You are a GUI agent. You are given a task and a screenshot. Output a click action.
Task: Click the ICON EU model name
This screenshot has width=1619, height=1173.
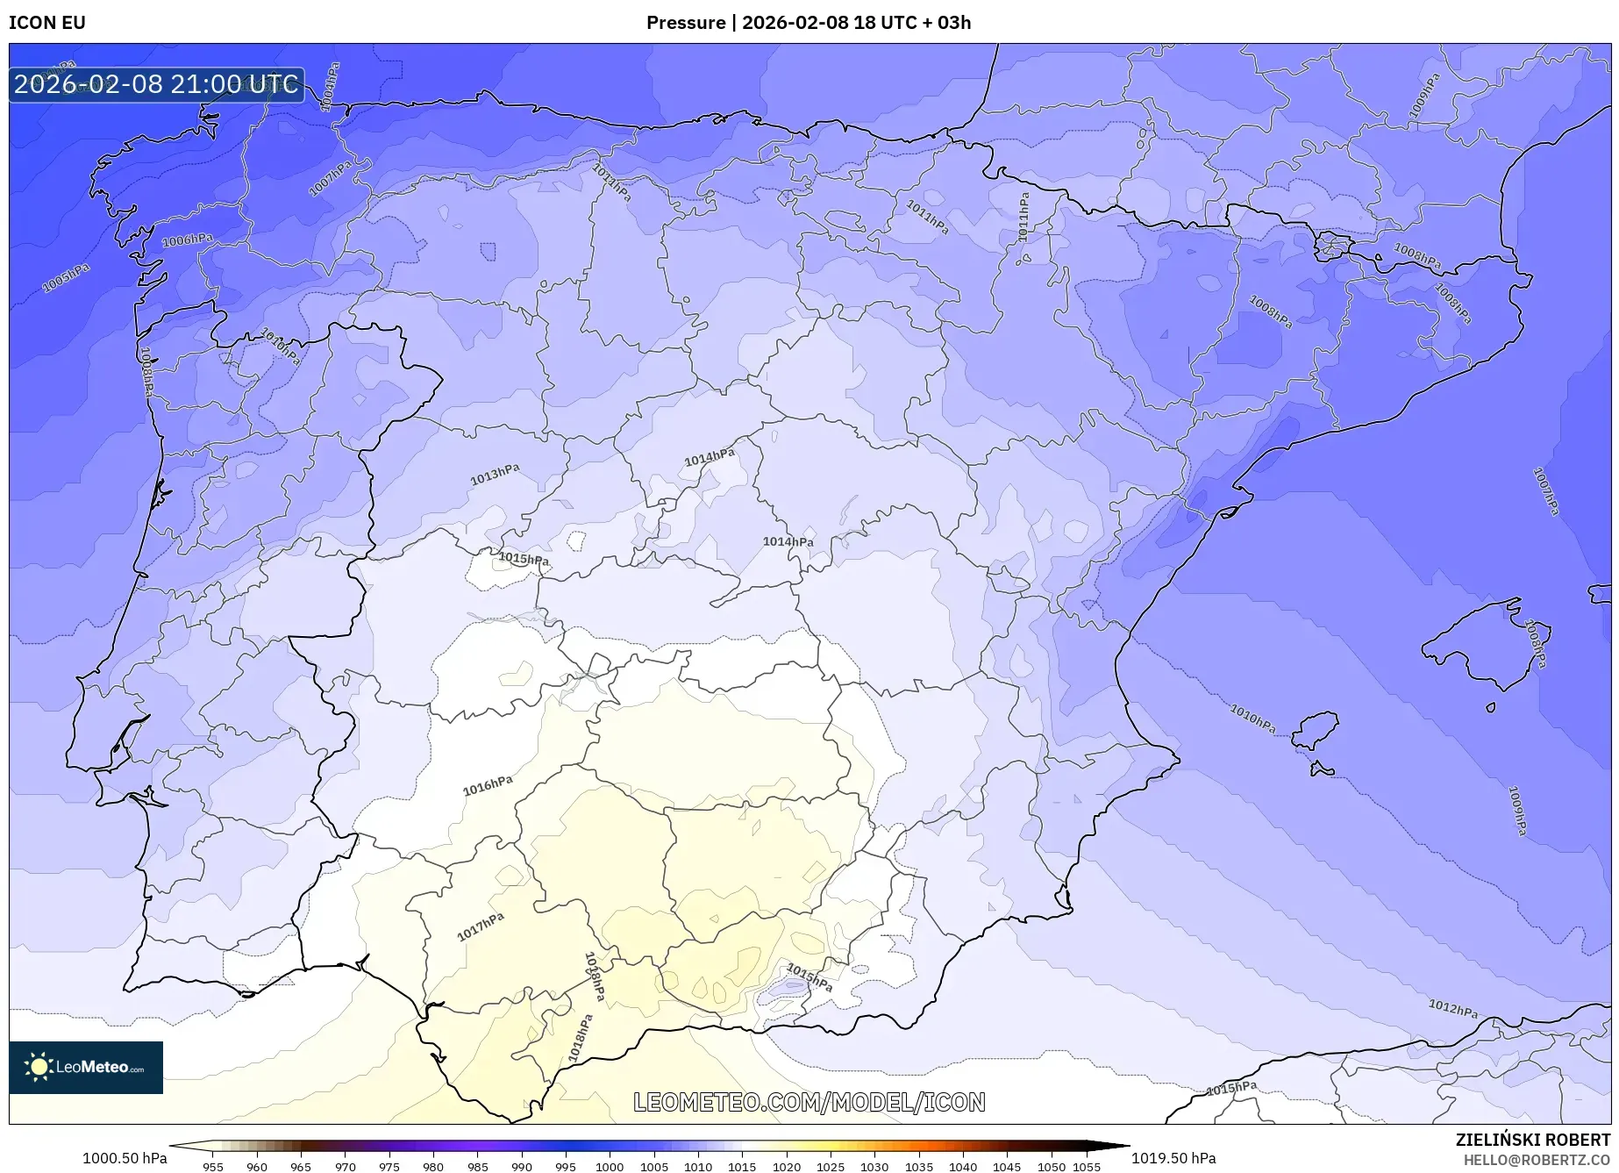point(47,23)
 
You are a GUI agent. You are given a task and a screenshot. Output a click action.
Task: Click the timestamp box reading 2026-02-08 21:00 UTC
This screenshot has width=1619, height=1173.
point(156,84)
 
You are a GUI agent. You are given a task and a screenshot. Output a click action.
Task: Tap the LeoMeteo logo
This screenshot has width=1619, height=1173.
point(86,1067)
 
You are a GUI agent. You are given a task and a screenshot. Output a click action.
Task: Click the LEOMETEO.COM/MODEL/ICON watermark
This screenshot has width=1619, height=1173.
point(809,1102)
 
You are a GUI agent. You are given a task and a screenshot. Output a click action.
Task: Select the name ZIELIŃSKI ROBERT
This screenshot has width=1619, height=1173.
point(1532,1140)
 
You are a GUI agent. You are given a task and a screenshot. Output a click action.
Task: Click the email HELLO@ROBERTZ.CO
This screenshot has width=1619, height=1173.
point(1537,1160)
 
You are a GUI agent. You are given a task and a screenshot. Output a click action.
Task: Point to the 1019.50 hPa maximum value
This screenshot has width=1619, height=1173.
point(1173,1158)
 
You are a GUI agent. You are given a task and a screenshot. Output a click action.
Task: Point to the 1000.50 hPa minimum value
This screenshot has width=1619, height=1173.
point(125,1158)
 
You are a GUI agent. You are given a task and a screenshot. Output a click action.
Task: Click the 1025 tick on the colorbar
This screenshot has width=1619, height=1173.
point(830,1167)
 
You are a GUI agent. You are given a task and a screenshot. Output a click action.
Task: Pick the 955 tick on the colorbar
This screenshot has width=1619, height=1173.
point(213,1167)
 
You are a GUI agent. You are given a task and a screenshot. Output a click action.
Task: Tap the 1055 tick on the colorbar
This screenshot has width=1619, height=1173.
point(1086,1167)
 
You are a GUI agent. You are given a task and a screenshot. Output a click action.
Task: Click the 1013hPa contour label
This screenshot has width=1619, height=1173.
point(495,475)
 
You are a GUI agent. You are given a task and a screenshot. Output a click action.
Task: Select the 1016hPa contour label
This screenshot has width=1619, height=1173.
point(488,785)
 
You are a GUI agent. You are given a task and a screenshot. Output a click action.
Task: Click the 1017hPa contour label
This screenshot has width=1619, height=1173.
point(481,926)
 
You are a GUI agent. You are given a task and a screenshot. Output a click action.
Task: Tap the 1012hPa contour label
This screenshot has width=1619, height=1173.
point(1452,1009)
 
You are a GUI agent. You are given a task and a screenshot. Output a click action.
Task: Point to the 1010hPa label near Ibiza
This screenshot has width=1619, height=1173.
point(1252,719)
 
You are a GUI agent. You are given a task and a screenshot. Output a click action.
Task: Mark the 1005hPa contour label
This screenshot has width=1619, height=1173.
point(66,278)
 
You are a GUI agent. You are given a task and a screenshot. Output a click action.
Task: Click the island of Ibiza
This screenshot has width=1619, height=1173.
point(1316,730)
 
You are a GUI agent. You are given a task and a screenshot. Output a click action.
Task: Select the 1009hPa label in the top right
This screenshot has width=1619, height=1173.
point(1424,96)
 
